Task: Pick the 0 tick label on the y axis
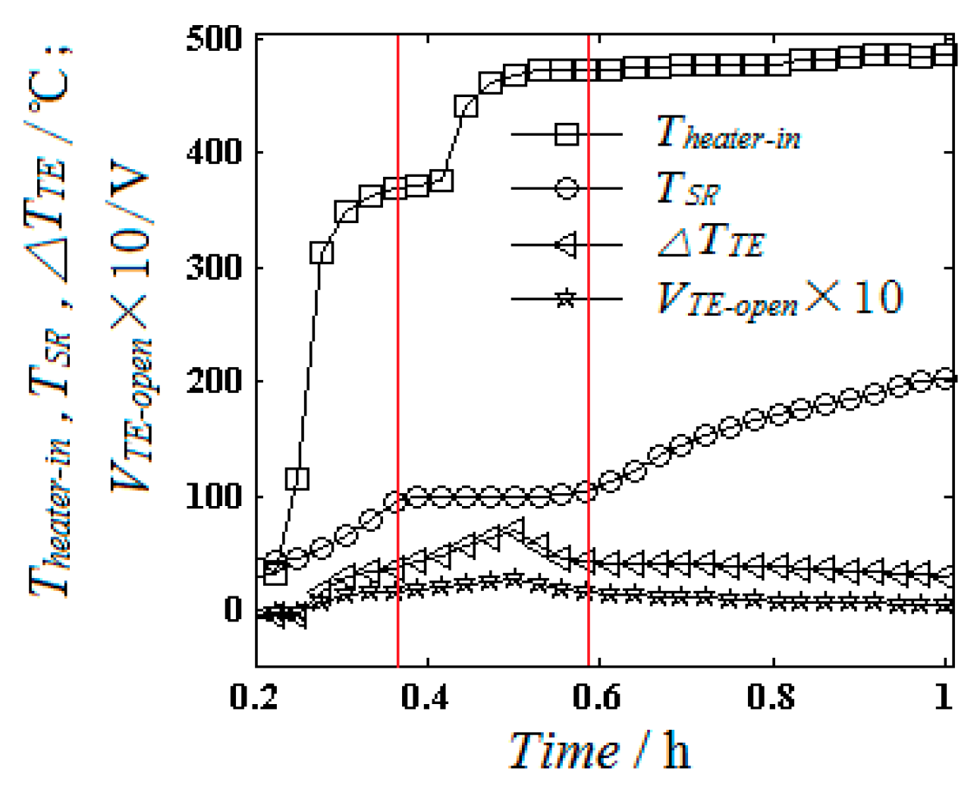(x=232, y=610)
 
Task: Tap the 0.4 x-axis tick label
(x=428, y=696)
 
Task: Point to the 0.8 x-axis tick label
(x=771, y=696)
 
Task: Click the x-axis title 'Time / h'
(x=599, y=751)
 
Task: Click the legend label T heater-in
(x=727, y=134)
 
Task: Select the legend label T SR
(x=687, y=189)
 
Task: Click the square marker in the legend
(x=567, y=134)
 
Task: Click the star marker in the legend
(x=565, y=299)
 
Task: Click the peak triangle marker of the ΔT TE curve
(x=515, y=528)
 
